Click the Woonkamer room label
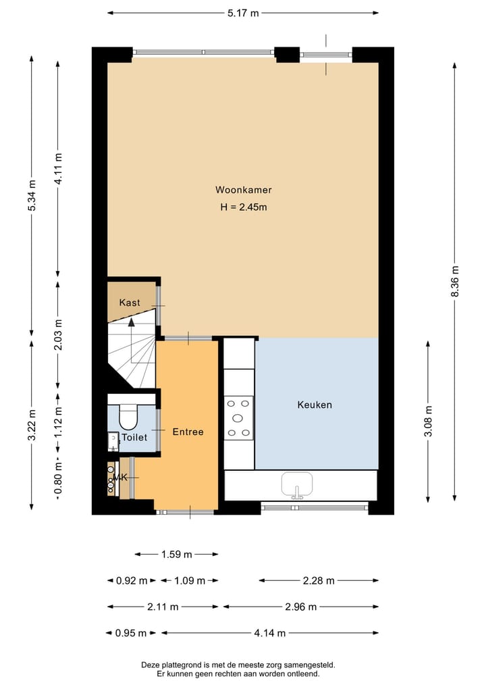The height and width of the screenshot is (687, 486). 243,190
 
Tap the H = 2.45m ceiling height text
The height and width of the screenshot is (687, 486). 243,207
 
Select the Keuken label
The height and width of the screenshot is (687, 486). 315,405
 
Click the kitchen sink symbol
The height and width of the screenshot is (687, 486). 296,485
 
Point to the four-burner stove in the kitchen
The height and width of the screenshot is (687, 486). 239,417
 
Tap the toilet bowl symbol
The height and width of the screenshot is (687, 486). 128,417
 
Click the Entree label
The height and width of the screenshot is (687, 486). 188,432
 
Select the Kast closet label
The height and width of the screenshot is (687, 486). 130,303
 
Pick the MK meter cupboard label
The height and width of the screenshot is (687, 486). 121,478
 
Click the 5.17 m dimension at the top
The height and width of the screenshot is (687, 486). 242,13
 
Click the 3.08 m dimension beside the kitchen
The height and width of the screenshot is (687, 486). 428,422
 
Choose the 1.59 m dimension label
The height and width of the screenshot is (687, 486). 176,555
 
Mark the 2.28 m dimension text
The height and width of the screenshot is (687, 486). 318,580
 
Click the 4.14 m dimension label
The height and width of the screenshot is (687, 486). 269,633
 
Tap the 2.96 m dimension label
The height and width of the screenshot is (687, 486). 300,607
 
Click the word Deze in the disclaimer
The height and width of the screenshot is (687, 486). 151,665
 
